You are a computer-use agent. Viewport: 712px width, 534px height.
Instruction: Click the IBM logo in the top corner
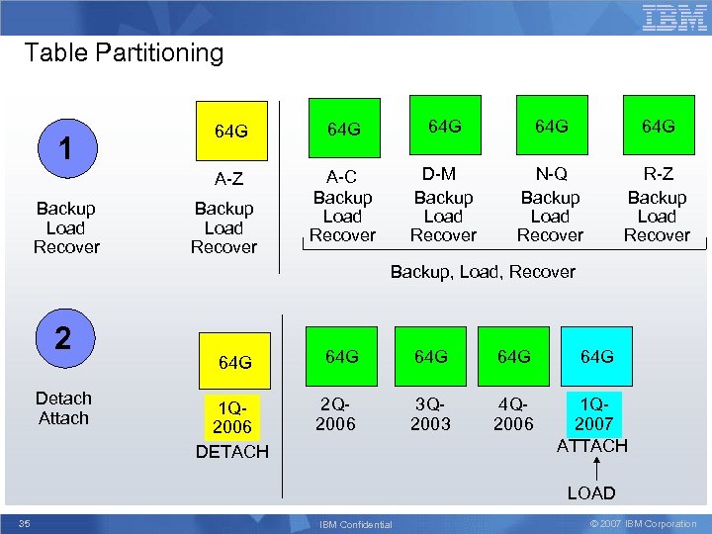tap(674, 18)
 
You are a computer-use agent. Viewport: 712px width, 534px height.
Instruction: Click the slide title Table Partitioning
tap(124, 52)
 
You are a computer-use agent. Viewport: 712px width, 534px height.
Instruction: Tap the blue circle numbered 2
tap(63, 338)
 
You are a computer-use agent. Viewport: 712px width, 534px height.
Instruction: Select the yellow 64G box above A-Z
tap(230, 131)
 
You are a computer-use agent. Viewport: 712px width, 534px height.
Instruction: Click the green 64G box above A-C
tap(342, 129)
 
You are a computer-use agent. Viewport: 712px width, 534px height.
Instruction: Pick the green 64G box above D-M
tap(444, 126)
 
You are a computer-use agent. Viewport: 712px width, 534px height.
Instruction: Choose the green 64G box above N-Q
tap(551, 126)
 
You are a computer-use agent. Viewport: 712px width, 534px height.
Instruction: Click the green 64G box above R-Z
tap(658, 126)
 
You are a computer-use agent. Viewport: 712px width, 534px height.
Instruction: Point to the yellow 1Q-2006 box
tap(232, 417)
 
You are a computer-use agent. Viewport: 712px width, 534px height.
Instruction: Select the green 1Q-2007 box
tap(595, 414)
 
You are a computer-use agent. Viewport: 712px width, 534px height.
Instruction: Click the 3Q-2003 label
tap(430, 413)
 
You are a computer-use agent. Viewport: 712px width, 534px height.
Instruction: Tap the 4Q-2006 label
tap(513, 413)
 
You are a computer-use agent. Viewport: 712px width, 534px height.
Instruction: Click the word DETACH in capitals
tap(232, 452)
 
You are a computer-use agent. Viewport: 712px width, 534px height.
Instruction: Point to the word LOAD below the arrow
tap(590, 492)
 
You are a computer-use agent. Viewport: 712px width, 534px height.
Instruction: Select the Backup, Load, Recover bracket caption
tap(483, 271)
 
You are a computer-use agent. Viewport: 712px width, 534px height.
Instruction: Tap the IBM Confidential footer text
tap(357, 524)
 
